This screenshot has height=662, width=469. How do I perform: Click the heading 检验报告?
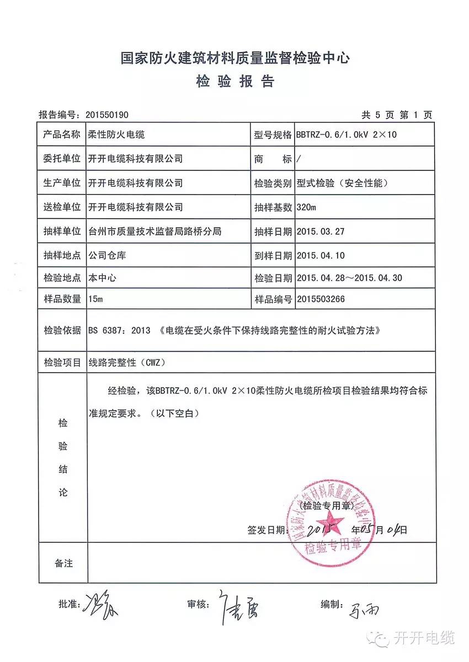(x=234, y=82)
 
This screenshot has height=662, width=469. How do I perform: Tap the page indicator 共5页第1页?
(x=396, y=115)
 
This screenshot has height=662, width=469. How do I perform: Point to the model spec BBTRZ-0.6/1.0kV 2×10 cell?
(x=346, y=134)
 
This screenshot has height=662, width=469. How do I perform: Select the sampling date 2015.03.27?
(x=320, y=232)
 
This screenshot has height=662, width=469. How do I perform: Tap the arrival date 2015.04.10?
(x=320, y=256)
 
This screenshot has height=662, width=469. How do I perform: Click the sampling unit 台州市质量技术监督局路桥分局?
(x=155, y=232)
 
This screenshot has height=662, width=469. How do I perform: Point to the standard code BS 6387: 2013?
(x=119, y=331)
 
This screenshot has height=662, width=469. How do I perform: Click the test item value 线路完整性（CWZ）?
(x=126, y=363)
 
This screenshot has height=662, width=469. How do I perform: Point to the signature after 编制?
(x=365, y=609)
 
